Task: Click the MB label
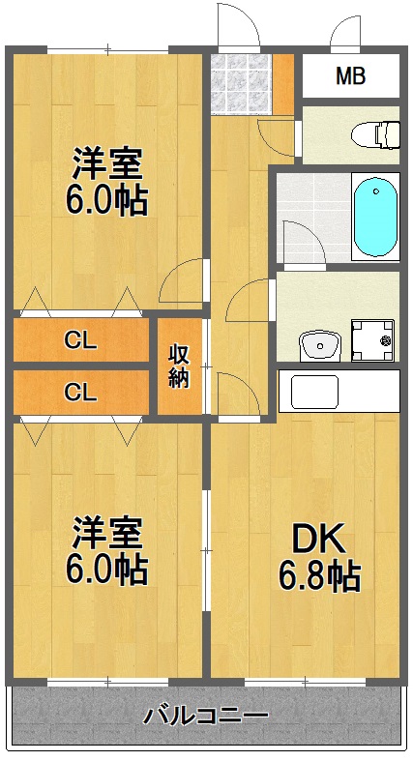tap(350, 76)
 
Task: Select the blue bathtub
tap(374, 217)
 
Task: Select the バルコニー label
tap(206, 717)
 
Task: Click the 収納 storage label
tap(180, 366)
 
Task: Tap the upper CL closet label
tap(80, 339)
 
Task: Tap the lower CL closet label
tap(80, 392)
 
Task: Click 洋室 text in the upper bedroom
tap(107, 162)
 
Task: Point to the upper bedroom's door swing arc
tap(182, 282)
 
